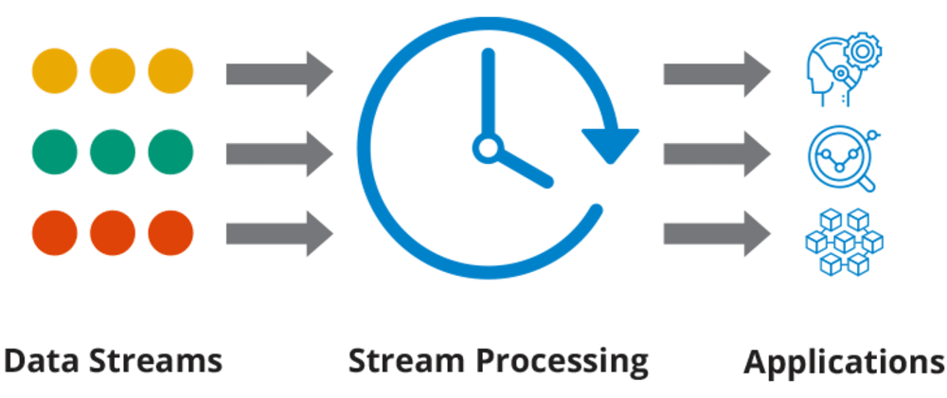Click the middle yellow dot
pyautogui.click(x=113, y=71)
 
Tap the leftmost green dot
pyautogui.click(x=54, y=152)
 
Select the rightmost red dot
pyautogui.click(x=170, y=233)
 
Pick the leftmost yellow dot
pyautogui.click(x=54, y=71)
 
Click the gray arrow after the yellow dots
pyautogui.click(x=279, y=74)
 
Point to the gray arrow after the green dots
pyautogui.click(x=279, y=154)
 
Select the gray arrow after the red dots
pyautogui.click(x=279, y=234)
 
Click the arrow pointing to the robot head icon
pyautogui.click(x=717, y=74)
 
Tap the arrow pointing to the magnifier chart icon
pyautogui.click(x=717, y=154)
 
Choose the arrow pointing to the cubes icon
pyautogui.click(x=717, y=234)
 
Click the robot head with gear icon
pyautogui.click(x=845, y=69)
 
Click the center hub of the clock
pyautogui.click(x=486, y=148)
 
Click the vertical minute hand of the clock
pyautogui.click(x=488, y=94)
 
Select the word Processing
pyautogui.click(x=563, y=362)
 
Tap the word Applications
pyautogui.click(x=845, y=362)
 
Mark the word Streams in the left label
pyautogui.click(x=156, y=360)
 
